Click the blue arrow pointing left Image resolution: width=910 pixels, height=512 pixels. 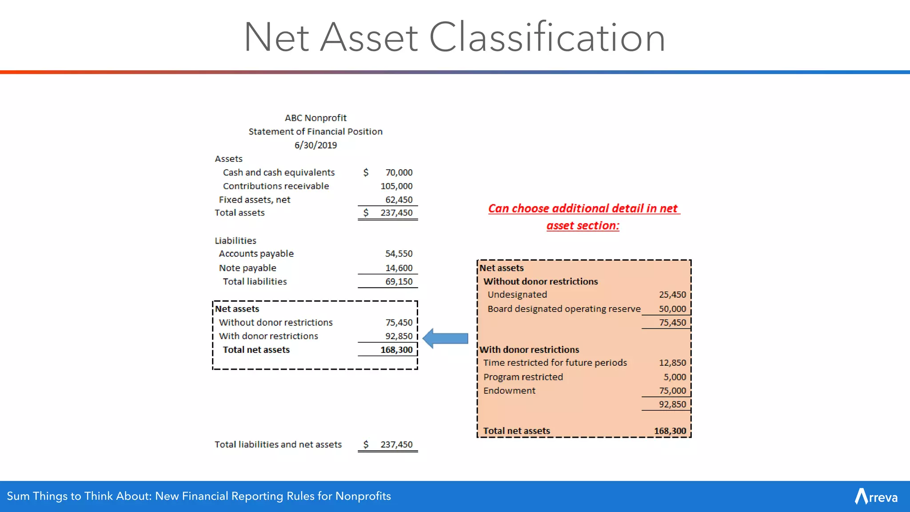click(x=446, y=339)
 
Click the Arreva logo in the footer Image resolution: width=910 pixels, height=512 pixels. click(x=876, y=496)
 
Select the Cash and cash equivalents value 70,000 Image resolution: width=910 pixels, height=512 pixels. click(x=399, y=172)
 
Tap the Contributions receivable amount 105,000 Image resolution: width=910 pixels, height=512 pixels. click(x=396, y=186)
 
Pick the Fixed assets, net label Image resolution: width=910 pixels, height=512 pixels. click(x=254, y=200)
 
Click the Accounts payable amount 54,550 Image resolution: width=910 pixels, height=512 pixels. click(x=399, y=254)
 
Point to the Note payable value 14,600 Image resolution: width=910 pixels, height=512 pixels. click(x=399, y=268)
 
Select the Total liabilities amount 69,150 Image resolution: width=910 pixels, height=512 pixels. click(x=399, y=282)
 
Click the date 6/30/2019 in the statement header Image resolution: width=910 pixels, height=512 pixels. click(x=315, y=145)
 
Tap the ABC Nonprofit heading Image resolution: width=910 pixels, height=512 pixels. click(x=315, y=118)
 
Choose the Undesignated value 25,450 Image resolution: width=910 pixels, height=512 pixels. click(x=672, y=295)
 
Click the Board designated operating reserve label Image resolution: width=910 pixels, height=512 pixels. click(x=564, y=309)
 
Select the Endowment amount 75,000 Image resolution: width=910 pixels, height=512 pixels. click(x=672, y=391)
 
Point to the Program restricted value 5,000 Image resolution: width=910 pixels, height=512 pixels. click(x=675, y=377)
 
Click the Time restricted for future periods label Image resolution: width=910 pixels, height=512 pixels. click(x=555, y=363)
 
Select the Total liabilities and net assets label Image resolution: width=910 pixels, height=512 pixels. click(x=278, y=444)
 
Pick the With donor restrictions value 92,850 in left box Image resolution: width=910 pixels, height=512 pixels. click(x=399, y=336)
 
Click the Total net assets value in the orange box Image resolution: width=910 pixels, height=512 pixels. click(x=670, y=431)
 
